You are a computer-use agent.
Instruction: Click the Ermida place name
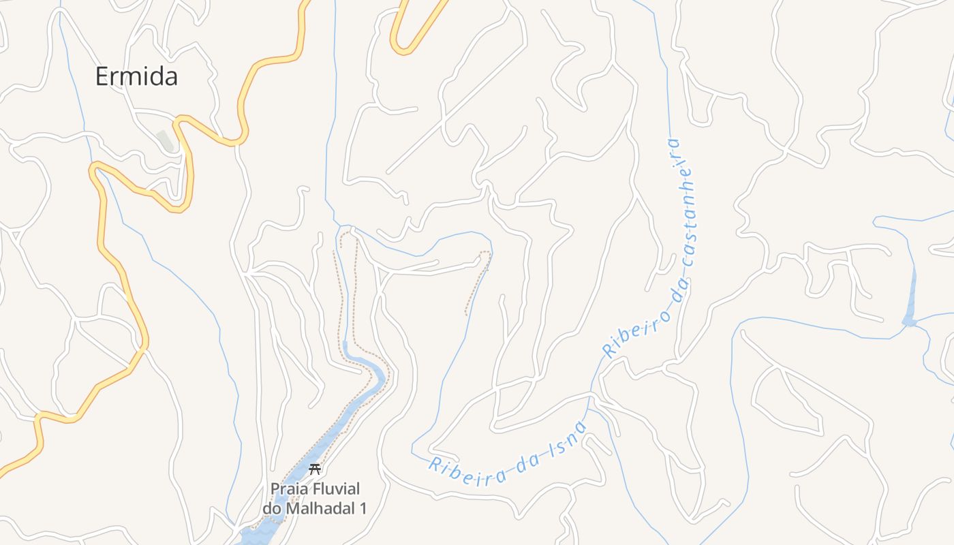coord(136,76)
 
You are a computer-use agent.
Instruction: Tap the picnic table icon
coord(315,469)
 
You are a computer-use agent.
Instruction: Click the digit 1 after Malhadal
coord(363,508)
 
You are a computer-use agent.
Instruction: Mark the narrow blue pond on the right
coord(910,300)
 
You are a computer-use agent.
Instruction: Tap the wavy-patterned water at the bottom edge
coord(256,535)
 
